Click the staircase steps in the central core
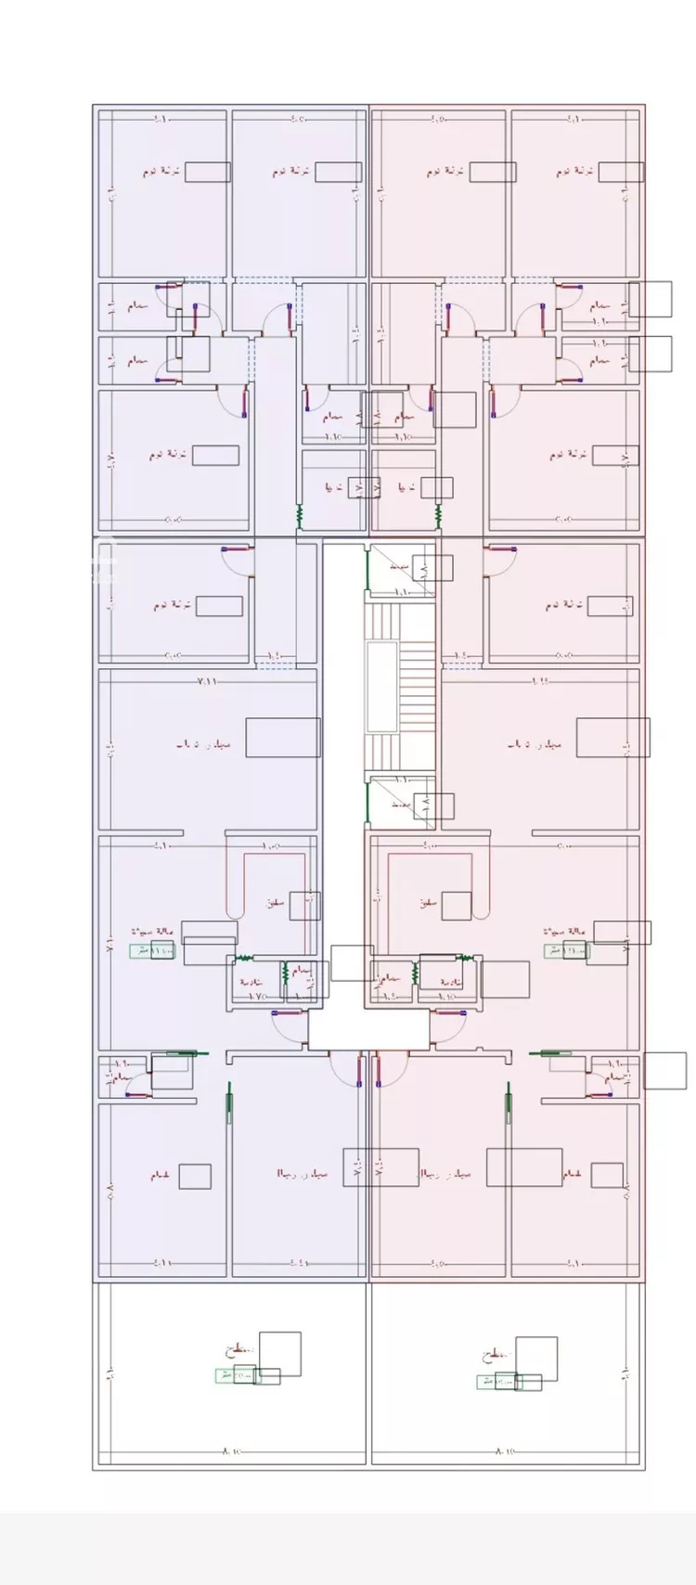(x=417, y=687)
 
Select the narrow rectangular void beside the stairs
(x=381, y=686)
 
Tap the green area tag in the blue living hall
(x=150, y=950)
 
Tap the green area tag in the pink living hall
(x=565, y=950)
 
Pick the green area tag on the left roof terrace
(x=237, y=1375)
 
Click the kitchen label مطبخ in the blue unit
(x=274, y=902)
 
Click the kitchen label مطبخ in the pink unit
(x=428, y=902)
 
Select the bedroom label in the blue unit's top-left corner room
(x=161, y=172)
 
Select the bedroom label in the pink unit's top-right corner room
(x=574, y=172)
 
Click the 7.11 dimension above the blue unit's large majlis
(x=206, y=681)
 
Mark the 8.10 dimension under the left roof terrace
(x=230, y=1450)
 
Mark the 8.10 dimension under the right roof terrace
(x=506, y=1450)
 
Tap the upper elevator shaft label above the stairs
(x=400, y=565)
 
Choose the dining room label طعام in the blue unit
(x=160, y=1175)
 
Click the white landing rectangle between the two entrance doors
(x=368, y=1030)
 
